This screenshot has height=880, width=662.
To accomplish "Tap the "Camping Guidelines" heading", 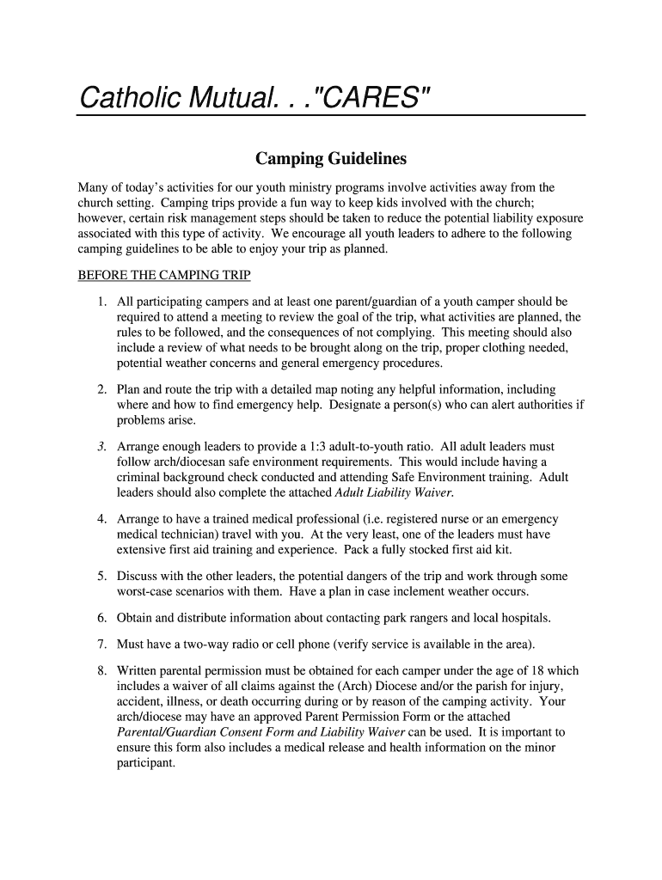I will (331, 159).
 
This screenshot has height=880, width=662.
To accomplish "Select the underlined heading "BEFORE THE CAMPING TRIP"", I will (163, 276).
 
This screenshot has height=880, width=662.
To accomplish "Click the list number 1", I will (101, 302).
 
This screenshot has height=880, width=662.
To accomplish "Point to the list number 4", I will (101, 519).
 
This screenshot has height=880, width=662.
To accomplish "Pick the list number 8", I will (101, 670).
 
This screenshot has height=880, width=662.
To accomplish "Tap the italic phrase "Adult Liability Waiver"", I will (393, 492).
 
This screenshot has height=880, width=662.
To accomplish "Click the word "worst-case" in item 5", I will (146, 591).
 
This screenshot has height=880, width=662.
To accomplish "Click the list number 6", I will (101, 618).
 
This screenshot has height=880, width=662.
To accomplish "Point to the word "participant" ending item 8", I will (145, 762).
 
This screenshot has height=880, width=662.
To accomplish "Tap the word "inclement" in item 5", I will (411, 591).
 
